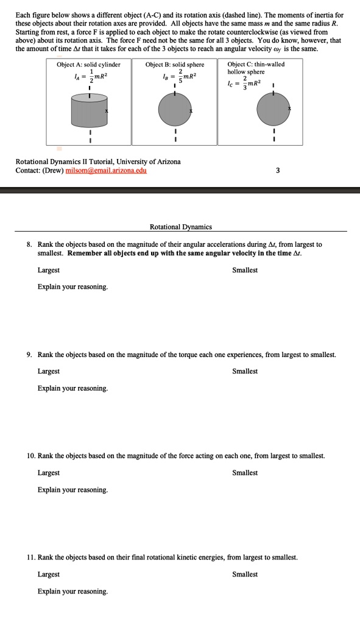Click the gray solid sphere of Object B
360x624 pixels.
click(174, 110)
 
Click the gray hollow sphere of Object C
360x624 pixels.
click(274, 110)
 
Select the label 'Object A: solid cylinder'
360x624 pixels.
click(88, 65)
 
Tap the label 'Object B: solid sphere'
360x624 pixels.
click(175, 65)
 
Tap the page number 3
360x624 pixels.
click(278, 171)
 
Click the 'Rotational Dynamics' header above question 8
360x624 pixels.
click(181, 227)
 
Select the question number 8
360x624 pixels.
click(29, 244)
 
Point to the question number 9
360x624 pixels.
click(29, 354)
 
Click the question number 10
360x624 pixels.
click(31, 456)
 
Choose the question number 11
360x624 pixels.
click(31, 557)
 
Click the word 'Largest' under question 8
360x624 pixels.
click(49, 270)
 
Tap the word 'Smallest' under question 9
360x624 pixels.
click(245, 371)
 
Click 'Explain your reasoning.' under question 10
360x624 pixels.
click(72, 490)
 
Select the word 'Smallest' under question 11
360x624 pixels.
click(245, 574)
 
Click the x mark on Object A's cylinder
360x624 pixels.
click(107, 111)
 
